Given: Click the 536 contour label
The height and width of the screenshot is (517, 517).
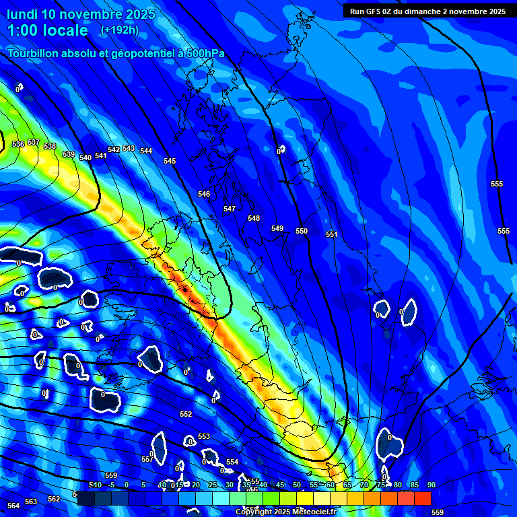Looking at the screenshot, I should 18,144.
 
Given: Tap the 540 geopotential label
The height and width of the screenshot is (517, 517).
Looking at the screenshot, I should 85,158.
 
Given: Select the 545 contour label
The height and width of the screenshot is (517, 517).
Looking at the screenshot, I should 170,161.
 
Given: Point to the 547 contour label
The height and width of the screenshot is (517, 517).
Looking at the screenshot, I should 230,209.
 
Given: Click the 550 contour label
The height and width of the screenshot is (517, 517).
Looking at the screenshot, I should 302,231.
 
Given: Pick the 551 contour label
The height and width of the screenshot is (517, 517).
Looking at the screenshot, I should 332,234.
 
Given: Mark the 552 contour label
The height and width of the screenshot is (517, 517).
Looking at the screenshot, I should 186,414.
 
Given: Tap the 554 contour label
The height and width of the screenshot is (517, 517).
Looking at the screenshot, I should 232,462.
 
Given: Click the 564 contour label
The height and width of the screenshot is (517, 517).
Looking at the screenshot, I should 13,506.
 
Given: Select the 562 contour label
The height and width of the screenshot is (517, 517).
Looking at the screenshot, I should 54,499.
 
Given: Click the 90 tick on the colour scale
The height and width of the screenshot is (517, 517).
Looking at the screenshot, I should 431,485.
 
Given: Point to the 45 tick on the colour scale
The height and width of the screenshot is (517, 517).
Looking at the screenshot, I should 280,485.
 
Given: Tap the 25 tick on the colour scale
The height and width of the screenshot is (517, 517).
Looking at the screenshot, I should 212,485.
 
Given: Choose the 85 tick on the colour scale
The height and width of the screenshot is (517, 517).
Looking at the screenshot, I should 414,485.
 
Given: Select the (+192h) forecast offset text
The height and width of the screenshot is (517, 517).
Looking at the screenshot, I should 119,30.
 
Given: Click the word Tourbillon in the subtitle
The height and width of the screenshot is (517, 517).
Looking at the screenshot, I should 36,53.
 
